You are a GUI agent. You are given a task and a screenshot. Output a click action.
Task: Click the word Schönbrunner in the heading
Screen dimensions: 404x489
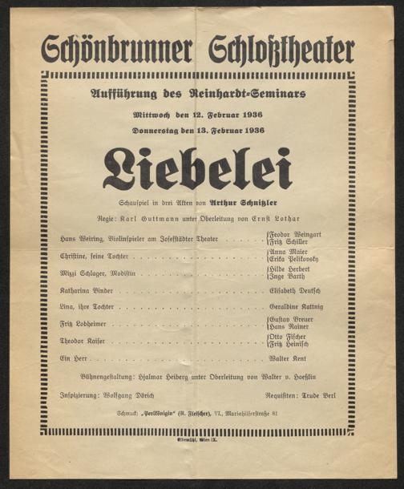116,51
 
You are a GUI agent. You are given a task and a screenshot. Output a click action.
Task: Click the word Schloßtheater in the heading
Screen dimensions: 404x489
281,51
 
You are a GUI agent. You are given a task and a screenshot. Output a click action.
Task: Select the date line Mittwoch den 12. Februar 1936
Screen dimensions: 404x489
197,114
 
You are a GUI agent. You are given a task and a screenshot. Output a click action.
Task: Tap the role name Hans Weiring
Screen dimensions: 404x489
79,240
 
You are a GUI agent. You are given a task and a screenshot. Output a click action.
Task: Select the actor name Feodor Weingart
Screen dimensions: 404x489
301,234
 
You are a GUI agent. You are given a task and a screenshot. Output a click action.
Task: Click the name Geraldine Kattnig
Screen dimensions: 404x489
300,307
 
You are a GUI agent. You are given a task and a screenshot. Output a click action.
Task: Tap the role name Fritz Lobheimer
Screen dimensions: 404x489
83,324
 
